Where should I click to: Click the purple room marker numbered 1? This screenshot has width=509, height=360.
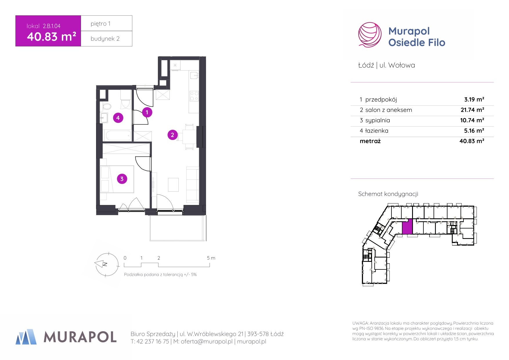(147, 112)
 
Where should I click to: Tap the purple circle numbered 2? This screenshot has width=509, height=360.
(172, 135)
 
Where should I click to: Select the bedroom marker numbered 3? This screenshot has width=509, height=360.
(122, 179)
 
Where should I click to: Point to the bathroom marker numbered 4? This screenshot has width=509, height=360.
(118, 118)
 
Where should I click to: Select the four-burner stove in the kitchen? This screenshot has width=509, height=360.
(194, 96)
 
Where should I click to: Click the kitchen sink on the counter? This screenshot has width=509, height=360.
(194, 75)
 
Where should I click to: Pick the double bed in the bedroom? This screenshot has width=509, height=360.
(117, 179)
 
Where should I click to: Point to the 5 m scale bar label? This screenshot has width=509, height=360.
(211, 258)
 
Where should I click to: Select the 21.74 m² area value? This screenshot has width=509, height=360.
(472, 110)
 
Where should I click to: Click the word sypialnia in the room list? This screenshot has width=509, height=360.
(378, 120)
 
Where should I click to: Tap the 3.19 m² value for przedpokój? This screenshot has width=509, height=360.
(474, 99)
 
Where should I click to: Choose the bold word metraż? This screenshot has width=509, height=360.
(370, 141)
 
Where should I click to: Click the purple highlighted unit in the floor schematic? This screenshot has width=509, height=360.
(407, 226)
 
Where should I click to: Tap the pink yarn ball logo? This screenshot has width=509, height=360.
(370, 35)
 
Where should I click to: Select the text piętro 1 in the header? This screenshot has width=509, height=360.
(100, 24)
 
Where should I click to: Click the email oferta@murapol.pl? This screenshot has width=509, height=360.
(207, 341)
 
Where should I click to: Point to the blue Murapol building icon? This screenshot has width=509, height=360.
(26, 337)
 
